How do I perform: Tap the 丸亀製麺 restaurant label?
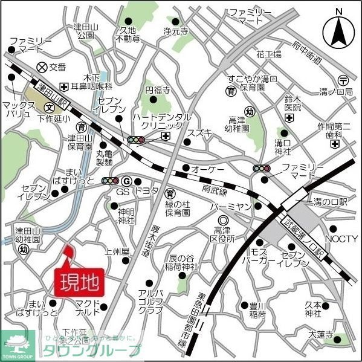click(105, 158)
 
